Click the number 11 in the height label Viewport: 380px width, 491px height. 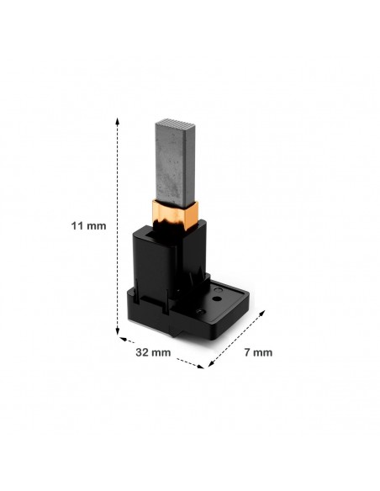pyautogui.click(x=77, y=226)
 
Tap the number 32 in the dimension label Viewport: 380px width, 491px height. pyautogui.click(x=142, y=352)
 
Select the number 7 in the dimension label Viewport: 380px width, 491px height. pyautogui.click(x=247, y=352)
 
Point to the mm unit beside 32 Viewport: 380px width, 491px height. pyautogui.click(x=161, y=352)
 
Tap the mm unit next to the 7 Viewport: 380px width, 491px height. pyautogui.click(x=262, y=352)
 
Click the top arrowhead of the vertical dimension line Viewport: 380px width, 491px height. pyautogui.click(x=118, y=121)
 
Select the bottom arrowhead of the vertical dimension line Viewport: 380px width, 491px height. pyautogui.click(x=118, y=330)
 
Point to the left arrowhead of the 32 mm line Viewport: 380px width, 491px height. pyautogui.click(x=123, y=339)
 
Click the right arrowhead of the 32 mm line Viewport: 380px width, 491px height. pyautogui.click(x=200, y=366)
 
